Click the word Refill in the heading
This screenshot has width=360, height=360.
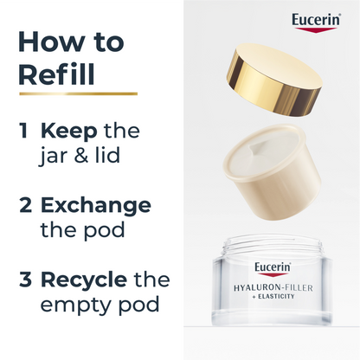tap(56, 74)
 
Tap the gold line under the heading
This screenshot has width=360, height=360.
tap(78, 93)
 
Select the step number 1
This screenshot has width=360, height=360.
tap(24, 131)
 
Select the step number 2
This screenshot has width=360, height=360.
tap(25, 205)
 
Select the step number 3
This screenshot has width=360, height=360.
tap(25, 280)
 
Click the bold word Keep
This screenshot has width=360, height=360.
tap(69, 132)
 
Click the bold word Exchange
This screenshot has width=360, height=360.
tap(96, 206)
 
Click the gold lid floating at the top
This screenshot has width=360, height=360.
tap(273, 80)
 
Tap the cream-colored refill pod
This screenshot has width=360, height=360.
tap(272, 172)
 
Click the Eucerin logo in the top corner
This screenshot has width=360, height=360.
tap(316, 22)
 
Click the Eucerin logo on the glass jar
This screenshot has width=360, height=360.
tap(273, 269)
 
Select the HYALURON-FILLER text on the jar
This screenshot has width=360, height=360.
tap(273, 287)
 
